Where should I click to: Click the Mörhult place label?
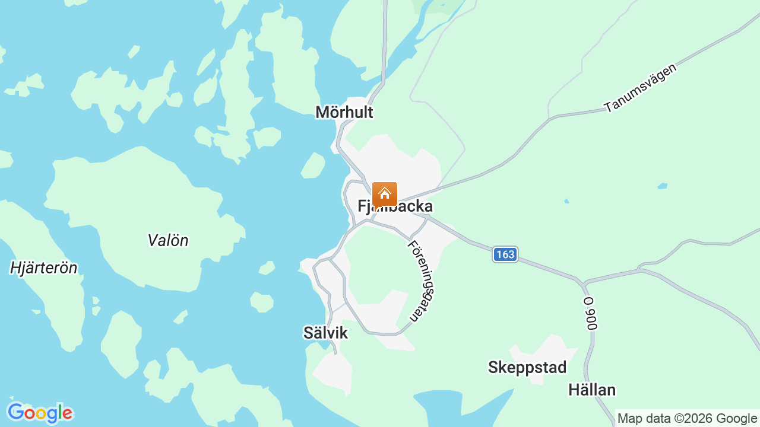(344, 112)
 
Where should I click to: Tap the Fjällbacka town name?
(395, 206)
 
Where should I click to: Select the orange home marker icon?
(385, 194)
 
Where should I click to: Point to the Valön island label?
(168, 240)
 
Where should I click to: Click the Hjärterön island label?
(44, 268)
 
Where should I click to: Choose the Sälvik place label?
(325, 333)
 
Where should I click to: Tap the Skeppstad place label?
(527, 368)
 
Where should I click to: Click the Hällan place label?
(592, 390)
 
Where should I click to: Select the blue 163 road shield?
(505, 254)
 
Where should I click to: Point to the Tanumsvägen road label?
(641, 87)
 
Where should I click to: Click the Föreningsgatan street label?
(422, 281)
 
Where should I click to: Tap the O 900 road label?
(590, 314)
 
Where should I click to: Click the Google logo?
(40, 413)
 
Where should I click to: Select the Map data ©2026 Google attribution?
(687, 419)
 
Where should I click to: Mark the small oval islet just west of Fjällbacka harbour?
(313, 165)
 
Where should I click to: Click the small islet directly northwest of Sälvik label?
(261, 302)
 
